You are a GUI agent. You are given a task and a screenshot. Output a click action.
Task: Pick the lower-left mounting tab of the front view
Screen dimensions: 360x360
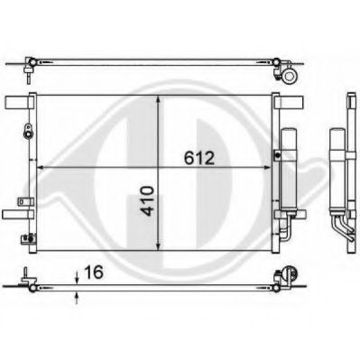point(14,215)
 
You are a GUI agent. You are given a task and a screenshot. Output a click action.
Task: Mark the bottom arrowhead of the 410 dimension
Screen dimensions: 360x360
point(161,254)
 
